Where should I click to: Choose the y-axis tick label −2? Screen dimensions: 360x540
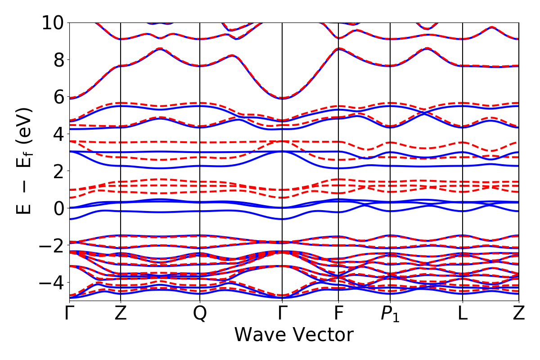(x=51, y=245)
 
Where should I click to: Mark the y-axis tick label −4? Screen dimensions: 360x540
(x=51, y=282)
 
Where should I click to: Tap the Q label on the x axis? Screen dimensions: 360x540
(x=200, y=314)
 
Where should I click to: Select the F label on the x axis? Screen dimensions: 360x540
(x=338, y=314)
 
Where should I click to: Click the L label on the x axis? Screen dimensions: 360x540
(x=463, y=314)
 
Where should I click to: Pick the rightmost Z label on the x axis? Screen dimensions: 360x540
(x=519, y=314)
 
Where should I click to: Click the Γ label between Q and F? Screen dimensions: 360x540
(x=282, y=314)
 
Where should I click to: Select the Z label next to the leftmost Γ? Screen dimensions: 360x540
(x=121, y=314)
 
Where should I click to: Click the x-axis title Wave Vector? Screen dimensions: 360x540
(x=294, y=335)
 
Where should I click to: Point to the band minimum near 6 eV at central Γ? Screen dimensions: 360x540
(x=282, y=98)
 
